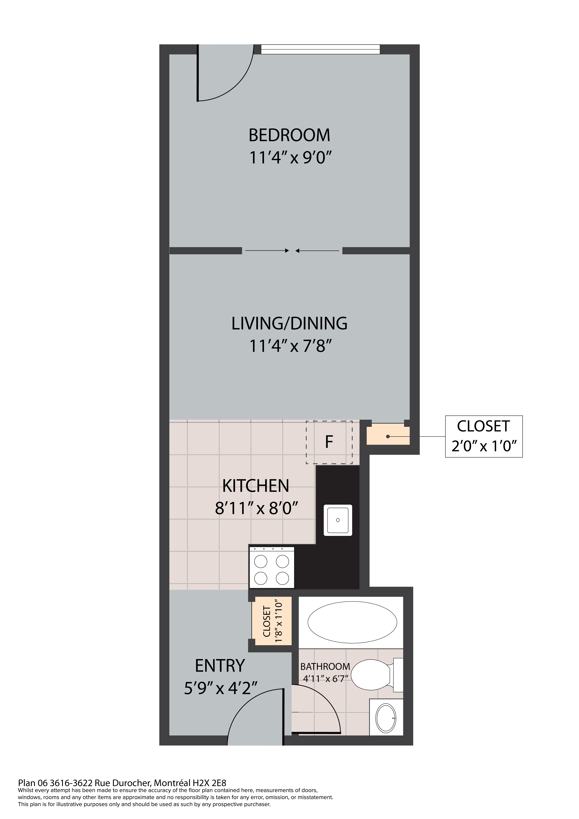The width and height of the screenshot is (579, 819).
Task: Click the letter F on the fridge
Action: [329, 442]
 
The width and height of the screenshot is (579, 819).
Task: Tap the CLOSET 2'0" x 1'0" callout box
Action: [484, 436]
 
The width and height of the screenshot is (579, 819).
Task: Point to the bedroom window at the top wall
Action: [320, 49]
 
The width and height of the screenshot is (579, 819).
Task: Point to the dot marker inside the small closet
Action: [388, 437]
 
